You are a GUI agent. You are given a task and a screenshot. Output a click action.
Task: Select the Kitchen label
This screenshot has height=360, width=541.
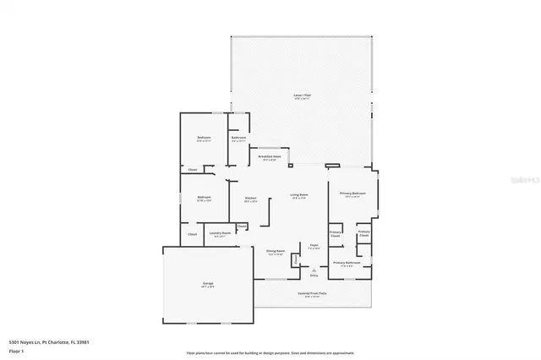point(250,199)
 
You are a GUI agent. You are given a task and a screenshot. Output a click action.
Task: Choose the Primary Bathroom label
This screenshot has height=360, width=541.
point(347,263)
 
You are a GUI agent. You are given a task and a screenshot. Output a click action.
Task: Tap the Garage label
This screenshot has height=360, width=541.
point(207,284)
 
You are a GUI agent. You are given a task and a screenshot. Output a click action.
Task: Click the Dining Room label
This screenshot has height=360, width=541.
point(275,251)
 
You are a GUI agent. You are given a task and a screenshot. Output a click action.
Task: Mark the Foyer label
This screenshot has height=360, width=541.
point(313,246)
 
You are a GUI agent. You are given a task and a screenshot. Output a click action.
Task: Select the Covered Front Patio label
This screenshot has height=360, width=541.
point(312,294)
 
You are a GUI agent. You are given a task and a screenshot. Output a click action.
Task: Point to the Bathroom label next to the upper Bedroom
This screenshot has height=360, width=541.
point(238,139)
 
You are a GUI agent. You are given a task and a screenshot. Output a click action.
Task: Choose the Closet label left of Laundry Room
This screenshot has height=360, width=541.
point(192,234)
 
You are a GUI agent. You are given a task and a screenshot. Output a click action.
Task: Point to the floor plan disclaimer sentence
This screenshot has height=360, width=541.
point(270,352)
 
